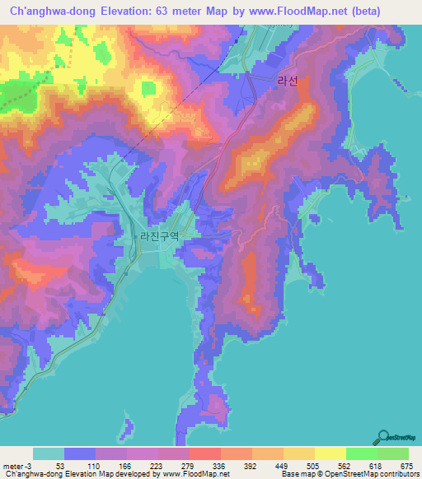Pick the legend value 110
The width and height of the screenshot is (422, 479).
point(95,465)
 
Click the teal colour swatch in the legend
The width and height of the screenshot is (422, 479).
point(49,453)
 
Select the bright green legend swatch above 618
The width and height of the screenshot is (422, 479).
point(361,453)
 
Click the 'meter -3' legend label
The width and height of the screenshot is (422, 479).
point(16,465)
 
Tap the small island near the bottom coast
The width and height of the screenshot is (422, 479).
point(127,426)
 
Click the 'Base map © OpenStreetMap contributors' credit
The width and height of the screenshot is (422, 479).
point(350,475)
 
